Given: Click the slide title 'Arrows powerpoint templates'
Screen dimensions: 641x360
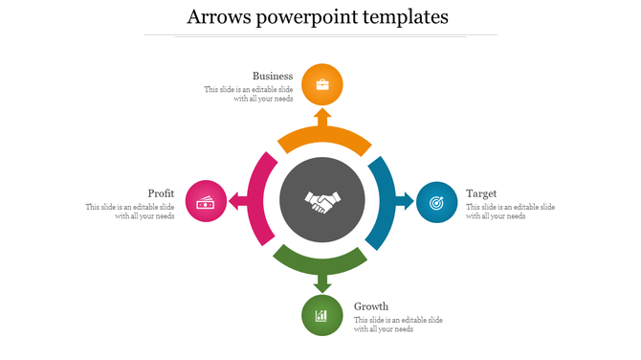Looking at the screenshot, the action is (320, 17).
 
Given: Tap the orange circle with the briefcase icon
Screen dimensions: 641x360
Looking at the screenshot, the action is (322, 84).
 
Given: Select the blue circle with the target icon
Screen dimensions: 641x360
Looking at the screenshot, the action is (436, 201).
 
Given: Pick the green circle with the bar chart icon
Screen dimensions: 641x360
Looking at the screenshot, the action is (322, 315).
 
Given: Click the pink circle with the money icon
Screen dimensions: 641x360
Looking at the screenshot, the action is (205, 201).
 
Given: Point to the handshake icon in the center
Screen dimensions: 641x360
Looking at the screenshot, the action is (322, 201).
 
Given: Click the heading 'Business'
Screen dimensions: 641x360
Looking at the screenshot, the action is (273, 76).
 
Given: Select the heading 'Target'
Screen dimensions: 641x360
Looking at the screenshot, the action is (481, 193).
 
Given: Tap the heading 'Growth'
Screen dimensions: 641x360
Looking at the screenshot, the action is (371, 306).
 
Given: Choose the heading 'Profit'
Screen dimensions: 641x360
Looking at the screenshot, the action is (161, 193).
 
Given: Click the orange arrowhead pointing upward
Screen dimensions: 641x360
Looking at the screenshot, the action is (322, 117).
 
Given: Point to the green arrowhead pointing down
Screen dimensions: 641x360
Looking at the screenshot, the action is (322, 284).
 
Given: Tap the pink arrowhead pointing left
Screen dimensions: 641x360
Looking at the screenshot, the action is (235, 201).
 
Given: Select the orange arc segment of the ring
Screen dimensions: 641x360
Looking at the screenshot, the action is (322, 140).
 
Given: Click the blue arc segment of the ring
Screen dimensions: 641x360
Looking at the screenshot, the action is (384, 201).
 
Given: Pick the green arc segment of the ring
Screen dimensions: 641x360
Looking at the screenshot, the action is (322, 261).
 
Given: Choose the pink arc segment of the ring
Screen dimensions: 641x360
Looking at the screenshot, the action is (259, 201).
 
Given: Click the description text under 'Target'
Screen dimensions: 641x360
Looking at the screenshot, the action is (510, 212).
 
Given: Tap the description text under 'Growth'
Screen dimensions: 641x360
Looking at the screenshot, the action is (397, 325).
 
